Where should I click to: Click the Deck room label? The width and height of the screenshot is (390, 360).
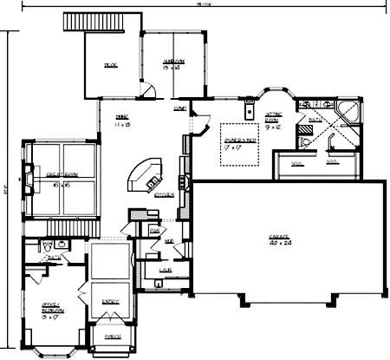tap(110, 65)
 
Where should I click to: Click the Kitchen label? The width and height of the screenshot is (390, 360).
tap(165, 195)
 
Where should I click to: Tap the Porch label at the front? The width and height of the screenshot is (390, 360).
tap(112, 336)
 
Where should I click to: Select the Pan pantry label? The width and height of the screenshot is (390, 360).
tap(153, 231)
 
